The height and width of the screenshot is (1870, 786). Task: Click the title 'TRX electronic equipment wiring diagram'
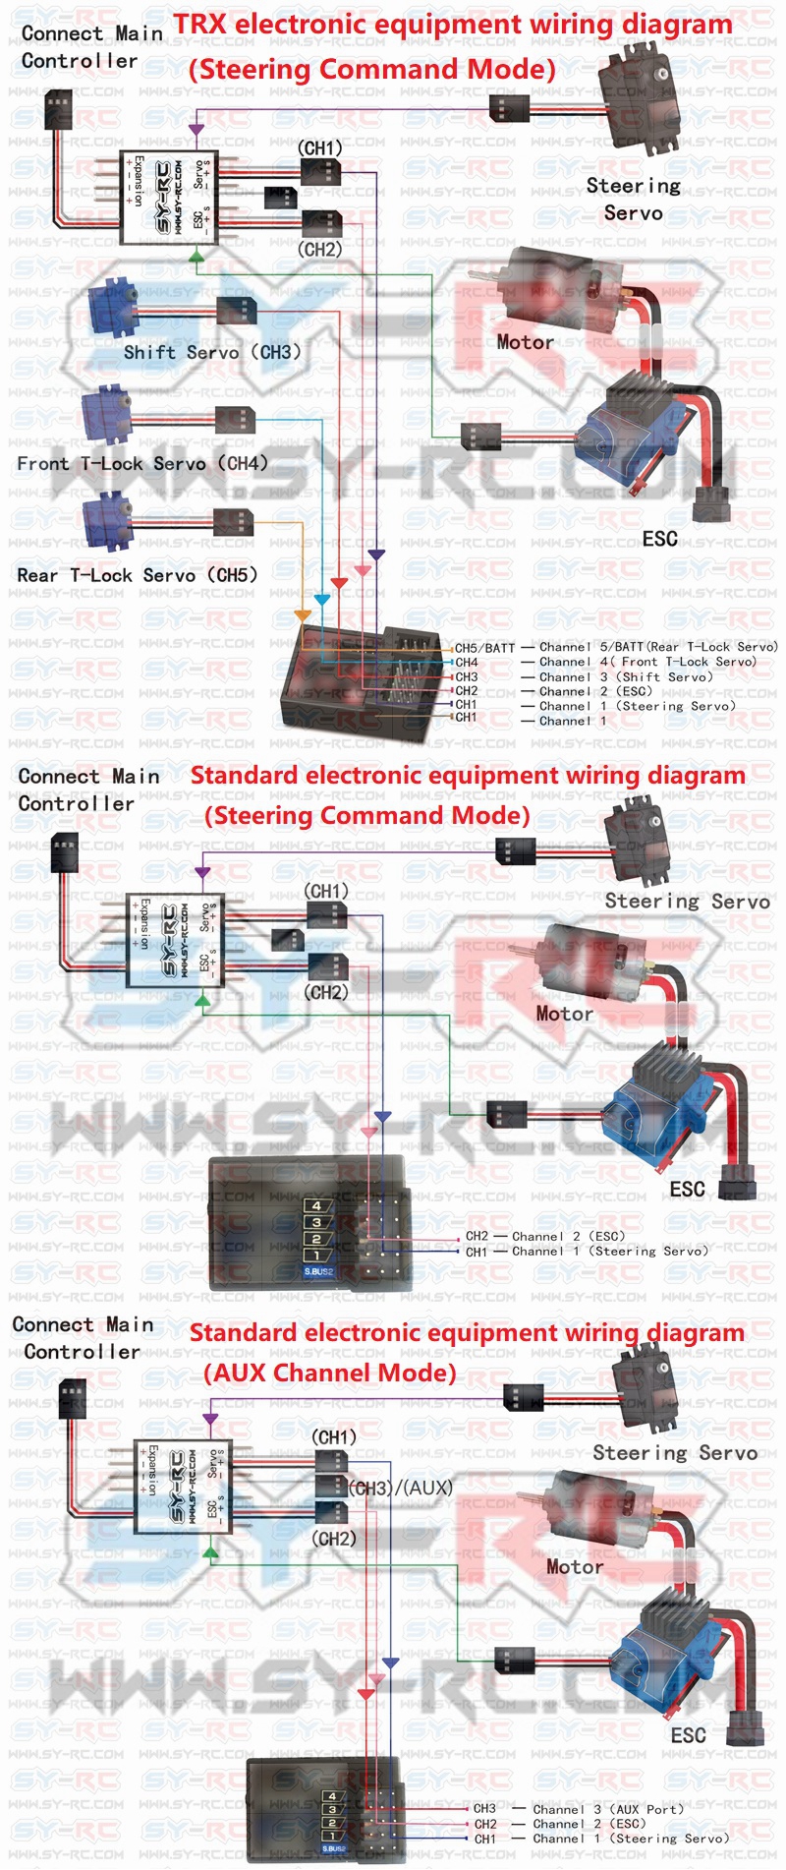453,25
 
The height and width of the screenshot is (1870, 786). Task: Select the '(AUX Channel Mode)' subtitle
330,1373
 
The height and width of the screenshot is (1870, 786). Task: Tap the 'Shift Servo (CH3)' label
212,352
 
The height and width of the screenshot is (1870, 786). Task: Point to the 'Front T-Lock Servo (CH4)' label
142,463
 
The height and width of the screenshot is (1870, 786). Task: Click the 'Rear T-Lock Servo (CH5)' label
137,575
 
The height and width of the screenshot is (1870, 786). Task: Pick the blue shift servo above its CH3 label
114,306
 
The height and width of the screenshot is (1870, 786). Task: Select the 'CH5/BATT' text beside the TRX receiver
484,648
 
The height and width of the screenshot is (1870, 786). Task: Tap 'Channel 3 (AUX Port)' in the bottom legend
608,1809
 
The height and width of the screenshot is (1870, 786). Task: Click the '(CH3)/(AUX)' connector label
401,1488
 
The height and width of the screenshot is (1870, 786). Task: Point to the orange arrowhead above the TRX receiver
303,616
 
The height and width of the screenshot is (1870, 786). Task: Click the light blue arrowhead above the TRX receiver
321,599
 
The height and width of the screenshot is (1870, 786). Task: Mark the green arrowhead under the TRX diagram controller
196,257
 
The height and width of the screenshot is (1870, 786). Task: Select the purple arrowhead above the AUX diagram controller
209,1420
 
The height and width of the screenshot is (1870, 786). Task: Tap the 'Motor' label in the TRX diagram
525,342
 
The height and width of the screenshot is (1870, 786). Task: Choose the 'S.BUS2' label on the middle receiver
318,1271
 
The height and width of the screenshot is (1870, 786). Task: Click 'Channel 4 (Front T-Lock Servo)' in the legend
648,662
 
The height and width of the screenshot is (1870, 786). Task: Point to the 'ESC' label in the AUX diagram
688,1735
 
